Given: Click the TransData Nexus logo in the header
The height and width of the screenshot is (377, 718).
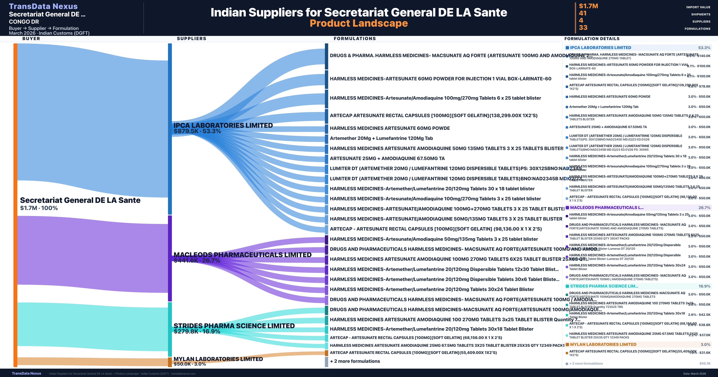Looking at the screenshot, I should (43, 6).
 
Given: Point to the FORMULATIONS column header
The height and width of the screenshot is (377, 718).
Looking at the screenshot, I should (355, 38).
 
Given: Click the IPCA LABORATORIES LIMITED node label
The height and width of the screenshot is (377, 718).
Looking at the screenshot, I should (223, 126).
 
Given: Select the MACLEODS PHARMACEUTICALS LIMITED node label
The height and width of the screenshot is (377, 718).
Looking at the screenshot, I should (242, 255).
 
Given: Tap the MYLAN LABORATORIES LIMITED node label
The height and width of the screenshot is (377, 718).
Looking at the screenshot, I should (218, 359).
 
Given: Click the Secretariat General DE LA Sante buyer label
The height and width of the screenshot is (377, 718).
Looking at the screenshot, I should (80, 200).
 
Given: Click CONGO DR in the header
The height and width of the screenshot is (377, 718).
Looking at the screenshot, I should (24, 22).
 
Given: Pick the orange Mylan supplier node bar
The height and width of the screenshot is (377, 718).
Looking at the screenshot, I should (170, 362).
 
